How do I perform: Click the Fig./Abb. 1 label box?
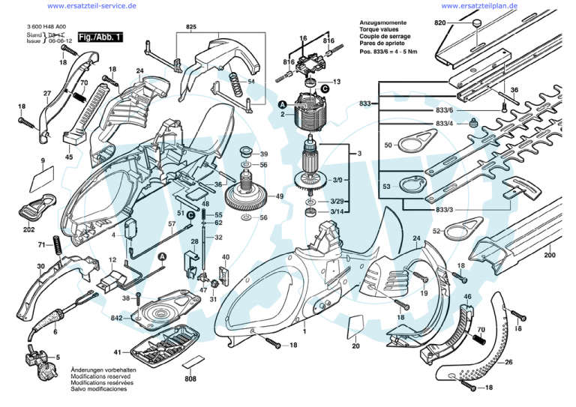pyautogui.click(x=102, y=36)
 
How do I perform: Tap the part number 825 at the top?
pyautogui.click(x=191, y=28)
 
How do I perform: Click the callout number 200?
pyautogui.click(x=550, y=256)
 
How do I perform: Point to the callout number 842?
pyautogui.click(x=117, y=318)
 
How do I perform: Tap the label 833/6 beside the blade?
pyautogui.click(x=444, y=111)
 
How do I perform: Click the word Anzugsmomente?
pyautogui.click(x=381, y=22)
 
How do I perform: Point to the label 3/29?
pyautogui.click(x=338, y=202)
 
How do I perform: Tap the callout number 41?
pyautogui.click(x=117, y=352)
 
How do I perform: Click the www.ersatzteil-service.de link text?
pyautogui.click(x=91, y=6)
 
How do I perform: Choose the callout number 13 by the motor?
pyautogui.click(x=337, y=82)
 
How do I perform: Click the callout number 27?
pyautogui.click(x=46, y=94)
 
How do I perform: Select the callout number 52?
pyautogui.click(x=436, y=232)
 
